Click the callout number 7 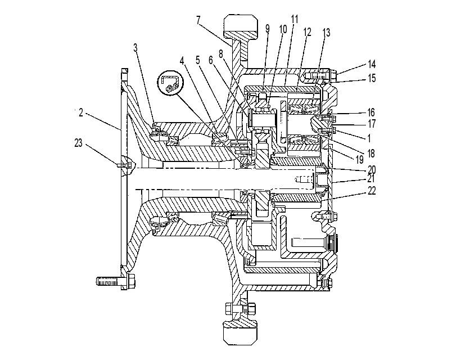[198, 20]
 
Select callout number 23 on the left [78, 143]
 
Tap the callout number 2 [80, 113]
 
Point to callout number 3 [135, 47]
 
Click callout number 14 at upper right [372, 64]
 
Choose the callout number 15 [372, 78]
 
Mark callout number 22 [372, 191]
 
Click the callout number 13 [326, 33]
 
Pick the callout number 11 [295, 19]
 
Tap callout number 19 [360, 159]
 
